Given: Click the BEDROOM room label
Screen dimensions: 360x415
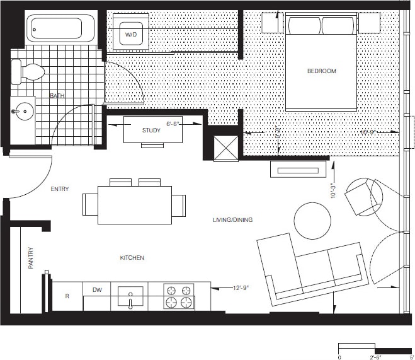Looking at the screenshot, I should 321,71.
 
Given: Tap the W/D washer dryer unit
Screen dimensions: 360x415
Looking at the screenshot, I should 132,33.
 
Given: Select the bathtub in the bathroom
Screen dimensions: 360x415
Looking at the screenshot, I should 57,29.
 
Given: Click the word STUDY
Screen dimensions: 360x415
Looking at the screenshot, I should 151,131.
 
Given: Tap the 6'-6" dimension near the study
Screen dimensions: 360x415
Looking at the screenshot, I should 173,124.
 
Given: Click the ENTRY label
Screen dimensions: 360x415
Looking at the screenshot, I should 60,189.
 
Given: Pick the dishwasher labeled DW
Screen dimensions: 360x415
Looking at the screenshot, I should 96,291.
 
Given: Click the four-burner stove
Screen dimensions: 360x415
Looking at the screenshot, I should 179,296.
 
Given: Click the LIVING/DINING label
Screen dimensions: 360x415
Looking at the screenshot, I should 232,219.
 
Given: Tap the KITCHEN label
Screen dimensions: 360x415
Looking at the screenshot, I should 132,258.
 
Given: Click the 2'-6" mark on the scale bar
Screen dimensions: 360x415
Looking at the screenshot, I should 375,356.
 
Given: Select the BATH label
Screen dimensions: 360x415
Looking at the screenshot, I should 58,96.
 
